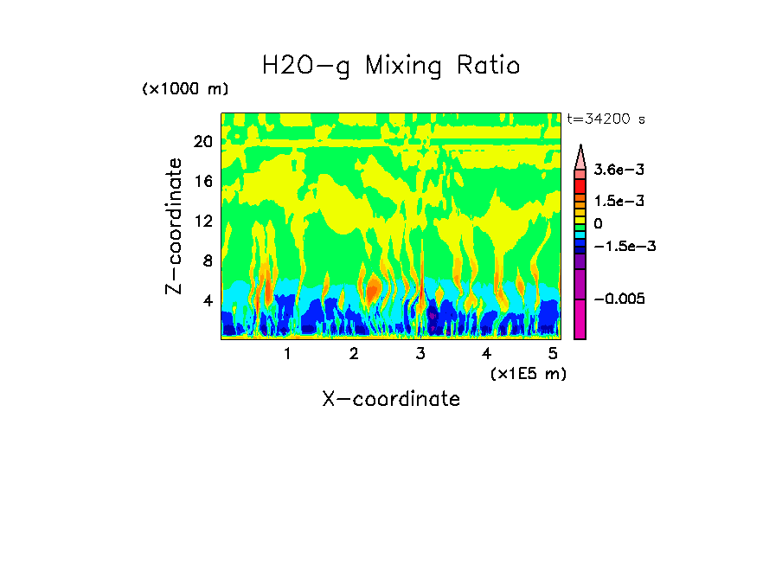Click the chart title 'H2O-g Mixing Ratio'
pos(391,66)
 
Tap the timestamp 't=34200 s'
pos(606,119)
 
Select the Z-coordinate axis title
pos(176,226)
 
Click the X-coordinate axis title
pos(391,399)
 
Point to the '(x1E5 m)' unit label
pos(528,373)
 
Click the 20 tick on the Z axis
pos(202,142)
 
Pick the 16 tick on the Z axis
pos(202,182)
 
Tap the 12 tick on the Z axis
pos(202,221)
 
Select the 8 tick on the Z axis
pos(207,260)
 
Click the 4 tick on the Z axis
pos(207,300)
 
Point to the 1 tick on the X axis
pos(287,353)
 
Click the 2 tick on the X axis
pos(354,353)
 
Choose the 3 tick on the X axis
pos(420,353)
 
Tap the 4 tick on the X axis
pos(486,353)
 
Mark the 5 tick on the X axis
pos(553,353)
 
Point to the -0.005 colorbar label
pos(620,299)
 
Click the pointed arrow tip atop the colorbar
pos(580,149)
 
